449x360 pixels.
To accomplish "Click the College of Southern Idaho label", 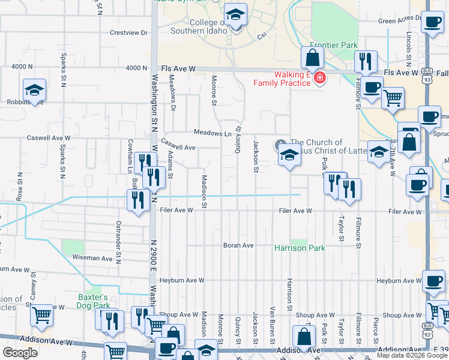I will coord(197,26).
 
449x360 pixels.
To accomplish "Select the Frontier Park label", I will coord(334,45).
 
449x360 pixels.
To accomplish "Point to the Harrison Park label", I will coord(300,248).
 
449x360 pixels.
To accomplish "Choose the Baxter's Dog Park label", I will coord(93,301).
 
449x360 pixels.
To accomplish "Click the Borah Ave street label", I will coord(238,245).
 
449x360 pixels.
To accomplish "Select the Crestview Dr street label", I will coord(128,33).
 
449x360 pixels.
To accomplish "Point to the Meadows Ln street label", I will coord(212,133).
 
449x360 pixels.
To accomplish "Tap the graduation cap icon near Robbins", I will coord(35,91).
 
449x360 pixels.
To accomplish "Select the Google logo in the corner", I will coord(20,352).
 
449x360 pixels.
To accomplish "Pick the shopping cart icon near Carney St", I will coord(41,315).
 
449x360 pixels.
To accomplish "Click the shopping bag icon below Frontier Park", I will coord(312,58).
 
